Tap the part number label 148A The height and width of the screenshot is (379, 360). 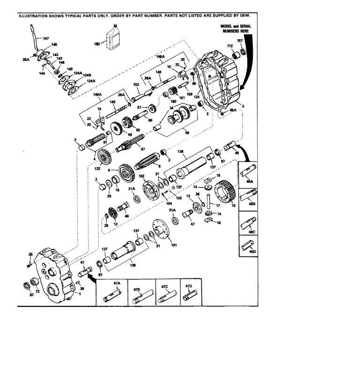click(161, 57)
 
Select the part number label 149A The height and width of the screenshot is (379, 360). click(97, 94)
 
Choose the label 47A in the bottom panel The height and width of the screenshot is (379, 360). click(116, 284)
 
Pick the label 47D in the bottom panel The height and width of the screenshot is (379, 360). click(189, 285)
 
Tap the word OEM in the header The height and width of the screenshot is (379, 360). click(251, 16)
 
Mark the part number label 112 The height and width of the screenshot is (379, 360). click(230, 46)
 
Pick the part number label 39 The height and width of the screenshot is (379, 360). click(83, 289)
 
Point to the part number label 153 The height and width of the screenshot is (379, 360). click(137, 84)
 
